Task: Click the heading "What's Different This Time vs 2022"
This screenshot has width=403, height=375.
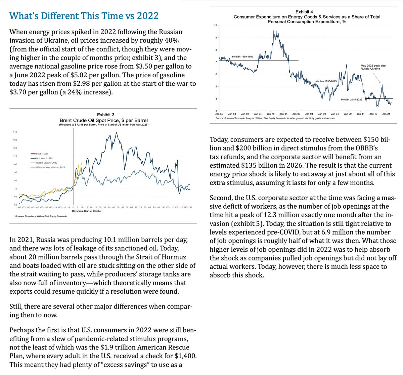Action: [x=84, y=16]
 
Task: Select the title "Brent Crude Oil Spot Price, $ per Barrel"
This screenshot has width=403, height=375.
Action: [x=103, y=120]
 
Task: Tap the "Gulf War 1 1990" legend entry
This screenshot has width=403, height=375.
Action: [x=43, y=158]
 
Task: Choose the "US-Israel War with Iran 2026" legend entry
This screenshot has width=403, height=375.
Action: [x=49, y=167]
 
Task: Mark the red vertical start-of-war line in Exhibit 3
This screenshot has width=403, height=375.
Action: [x=73, y=168]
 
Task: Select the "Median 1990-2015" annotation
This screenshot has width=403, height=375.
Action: [x=326, y=82]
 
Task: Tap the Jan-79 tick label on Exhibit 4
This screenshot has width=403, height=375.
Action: [x=271, y=114]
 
